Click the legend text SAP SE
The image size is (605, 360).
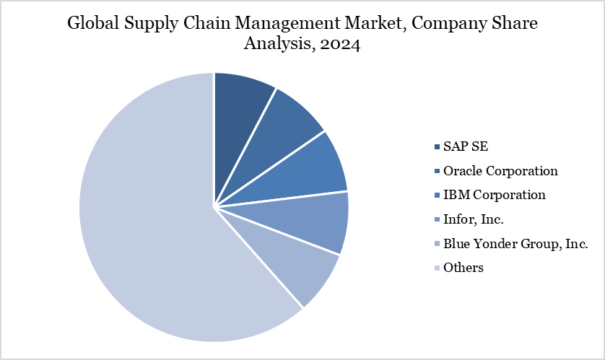(x=465, y=147)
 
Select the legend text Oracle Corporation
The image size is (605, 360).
(x=500, y=171)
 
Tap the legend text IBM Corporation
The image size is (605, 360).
(x=495, y=195)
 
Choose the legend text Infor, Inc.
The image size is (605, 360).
(x=474, y=219)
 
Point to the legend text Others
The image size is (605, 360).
(x=463, y=268)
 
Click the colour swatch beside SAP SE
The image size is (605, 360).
(x=437, y=148)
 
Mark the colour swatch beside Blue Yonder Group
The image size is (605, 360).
(x=437, y=245)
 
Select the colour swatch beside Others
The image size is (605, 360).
(x=437, y=268)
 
